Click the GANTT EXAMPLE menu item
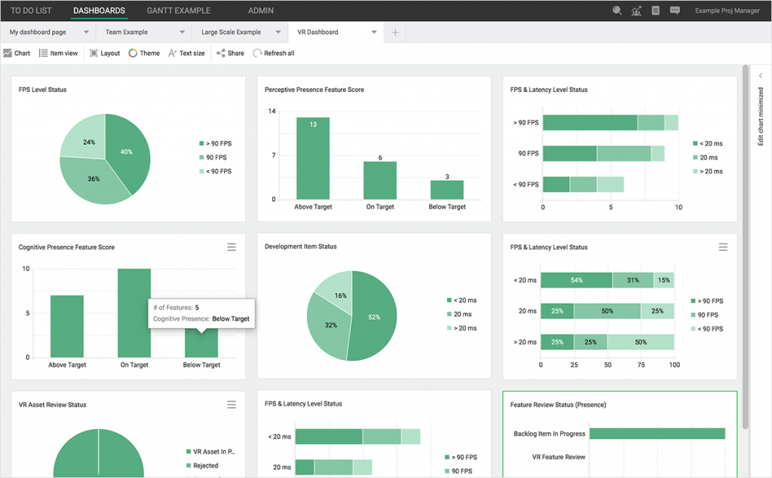click(179, 11)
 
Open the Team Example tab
click(127, 32)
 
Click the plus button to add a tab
click(395, 32)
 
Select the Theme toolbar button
click(144, 54)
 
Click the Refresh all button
click(274, 54)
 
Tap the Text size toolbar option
click(186, 54)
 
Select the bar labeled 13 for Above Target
click(313, 158)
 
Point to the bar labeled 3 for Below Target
click(447, 189)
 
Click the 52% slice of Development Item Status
click(373, 317)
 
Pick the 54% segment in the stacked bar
click(577, 280)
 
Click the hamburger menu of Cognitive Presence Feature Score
click(231, 247)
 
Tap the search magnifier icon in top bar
click(617, 11)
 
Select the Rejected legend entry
click(205, 466)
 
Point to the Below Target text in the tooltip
click(230, 319)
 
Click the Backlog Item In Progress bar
click(657, 434)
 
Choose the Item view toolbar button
click(59, 54)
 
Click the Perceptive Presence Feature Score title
click(314, 90)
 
